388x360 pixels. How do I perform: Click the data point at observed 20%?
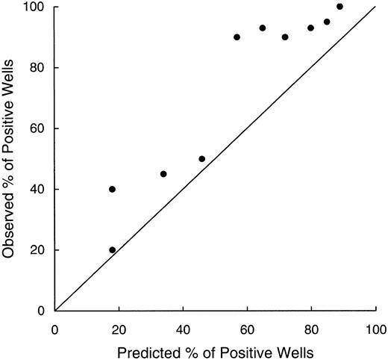[112, 250]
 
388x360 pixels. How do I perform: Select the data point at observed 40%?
[112, 189]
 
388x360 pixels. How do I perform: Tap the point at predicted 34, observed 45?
[163, 174]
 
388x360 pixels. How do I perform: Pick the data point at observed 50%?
[202, 158]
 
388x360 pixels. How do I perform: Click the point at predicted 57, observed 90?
[237, 37]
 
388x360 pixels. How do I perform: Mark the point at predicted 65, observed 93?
[263, 28]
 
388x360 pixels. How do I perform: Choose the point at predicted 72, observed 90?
[285, 37]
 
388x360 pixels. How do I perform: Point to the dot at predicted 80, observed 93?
[311, 28]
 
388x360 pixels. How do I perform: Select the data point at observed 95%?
[327, 22]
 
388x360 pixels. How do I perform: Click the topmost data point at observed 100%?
[340, 7]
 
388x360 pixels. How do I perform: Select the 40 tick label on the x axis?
[183, 328]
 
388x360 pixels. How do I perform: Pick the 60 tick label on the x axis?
[247, 328]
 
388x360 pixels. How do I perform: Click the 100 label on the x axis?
[375, 328]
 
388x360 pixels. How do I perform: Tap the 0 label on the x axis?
[55, 328]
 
